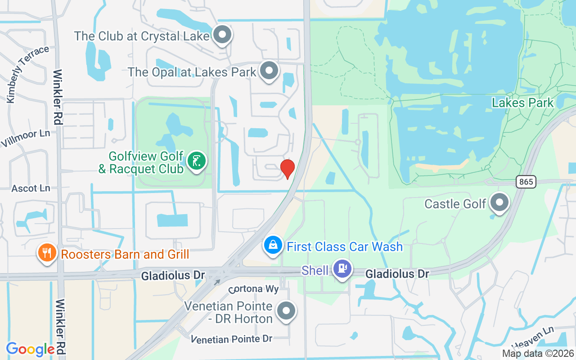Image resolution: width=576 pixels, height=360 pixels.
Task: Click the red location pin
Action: click(x=288, y=169)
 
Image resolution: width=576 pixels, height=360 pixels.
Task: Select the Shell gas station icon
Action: click(x=342, y=269)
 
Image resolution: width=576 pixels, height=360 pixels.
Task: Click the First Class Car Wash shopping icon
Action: click(x=273, y=246)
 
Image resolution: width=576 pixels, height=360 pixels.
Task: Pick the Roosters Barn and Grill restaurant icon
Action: click(x=47, y=253)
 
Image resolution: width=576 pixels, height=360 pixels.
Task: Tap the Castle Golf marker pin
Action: click(x=499, y=203)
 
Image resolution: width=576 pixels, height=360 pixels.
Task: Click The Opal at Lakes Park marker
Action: click(x=270, y=71)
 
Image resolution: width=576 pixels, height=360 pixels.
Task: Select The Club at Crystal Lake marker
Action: click(x=222, y=35)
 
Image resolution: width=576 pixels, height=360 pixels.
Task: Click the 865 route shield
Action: click(x=525, y=182)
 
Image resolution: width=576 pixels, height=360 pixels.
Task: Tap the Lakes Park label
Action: click(x=522, y=103)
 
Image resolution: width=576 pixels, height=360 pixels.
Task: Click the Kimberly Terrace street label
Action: click(x=27, y=74)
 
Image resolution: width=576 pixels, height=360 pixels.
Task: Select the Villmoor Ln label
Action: click(x=25, y=138)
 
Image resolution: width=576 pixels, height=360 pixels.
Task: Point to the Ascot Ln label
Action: click(x=31, y=188)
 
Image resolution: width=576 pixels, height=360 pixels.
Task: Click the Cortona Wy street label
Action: click(x=253, y=288)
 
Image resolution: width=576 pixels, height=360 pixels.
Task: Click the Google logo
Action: click(x=31, y=349)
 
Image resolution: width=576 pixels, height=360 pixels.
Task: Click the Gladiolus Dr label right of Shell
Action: click(x=397, y=273)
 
